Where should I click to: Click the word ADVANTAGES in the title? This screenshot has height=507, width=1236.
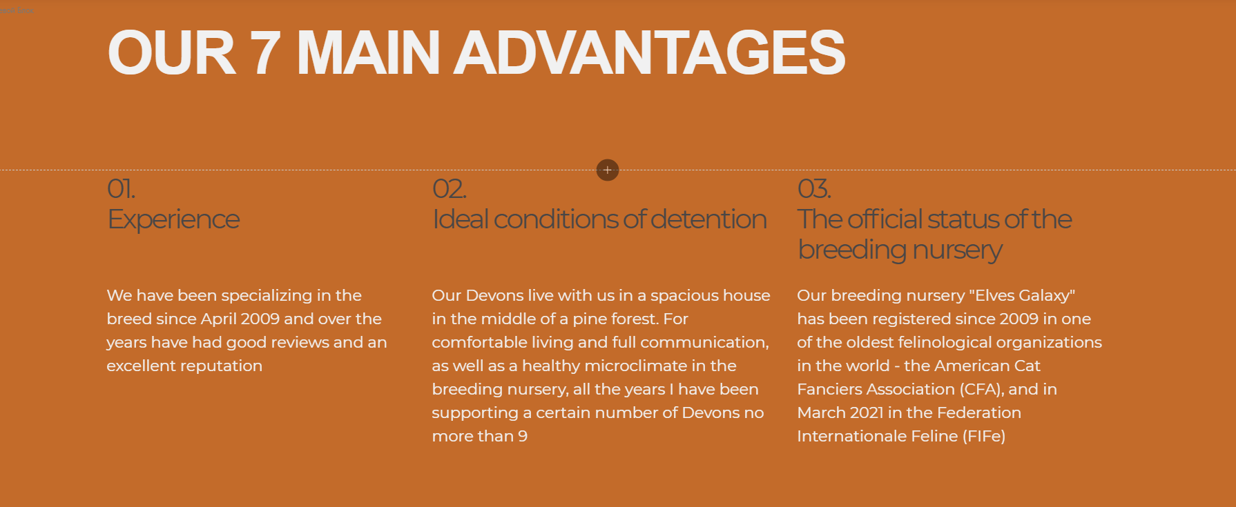649,52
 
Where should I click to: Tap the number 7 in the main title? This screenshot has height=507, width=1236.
265,52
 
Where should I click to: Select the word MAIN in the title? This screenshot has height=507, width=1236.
368,52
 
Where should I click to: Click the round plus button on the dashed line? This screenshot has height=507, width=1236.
608,170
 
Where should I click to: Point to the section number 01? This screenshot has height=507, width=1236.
121,189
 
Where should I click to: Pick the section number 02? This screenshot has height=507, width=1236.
449,189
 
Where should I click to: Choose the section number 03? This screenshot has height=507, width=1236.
814,189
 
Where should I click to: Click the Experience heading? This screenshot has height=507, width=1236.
173,220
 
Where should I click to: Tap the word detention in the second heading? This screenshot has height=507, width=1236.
708,219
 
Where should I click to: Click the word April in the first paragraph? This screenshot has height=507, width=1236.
218,319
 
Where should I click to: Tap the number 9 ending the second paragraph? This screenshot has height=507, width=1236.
523,437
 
